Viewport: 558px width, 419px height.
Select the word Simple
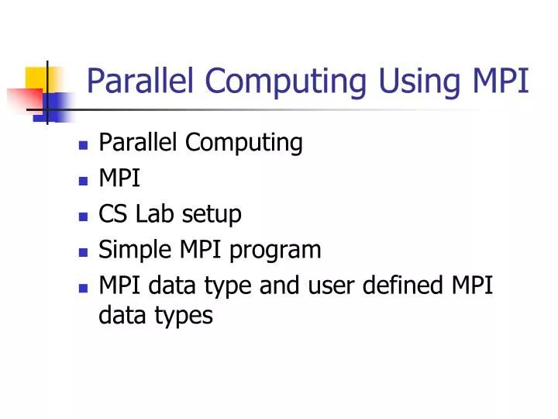(129, 250)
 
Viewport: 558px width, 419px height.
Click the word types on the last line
(184, 315)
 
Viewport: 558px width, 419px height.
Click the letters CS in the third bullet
(112, 214)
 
